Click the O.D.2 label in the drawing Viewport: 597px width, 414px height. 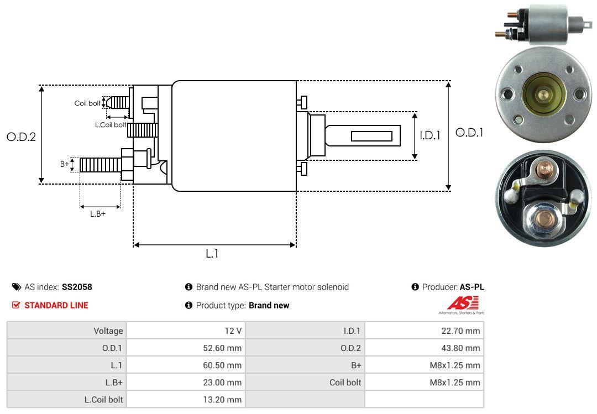[x=22, y=137]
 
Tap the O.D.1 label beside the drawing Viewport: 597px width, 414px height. [x=469, y=133]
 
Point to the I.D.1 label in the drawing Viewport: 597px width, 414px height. [x=430, y=135]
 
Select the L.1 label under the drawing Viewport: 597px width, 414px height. [x=212, y=254]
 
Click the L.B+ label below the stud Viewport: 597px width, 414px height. [x=98, y=214]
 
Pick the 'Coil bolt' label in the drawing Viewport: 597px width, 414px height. [x=87, y=103]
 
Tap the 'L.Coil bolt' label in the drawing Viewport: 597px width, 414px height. [x=111, y=124]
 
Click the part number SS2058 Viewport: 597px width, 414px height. [x=77, y=287]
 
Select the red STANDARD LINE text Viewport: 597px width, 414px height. [x=56, y=305]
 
